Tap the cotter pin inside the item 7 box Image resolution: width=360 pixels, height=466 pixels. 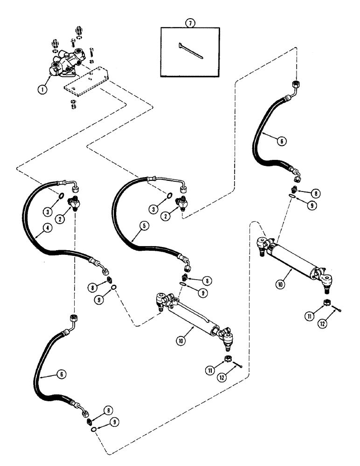pos(192,51)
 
